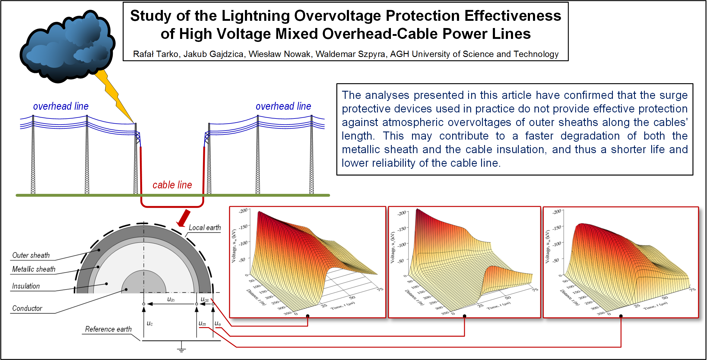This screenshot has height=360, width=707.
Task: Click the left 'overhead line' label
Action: [x=61, y=106]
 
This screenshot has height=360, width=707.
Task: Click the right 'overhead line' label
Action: [x=283, y=106]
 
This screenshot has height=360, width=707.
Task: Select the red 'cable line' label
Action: [x=172, y=185]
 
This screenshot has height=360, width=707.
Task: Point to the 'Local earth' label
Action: [x=204, y=228]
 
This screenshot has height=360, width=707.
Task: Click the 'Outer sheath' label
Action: [x=31, y=255]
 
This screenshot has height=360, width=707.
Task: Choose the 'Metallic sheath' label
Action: [x=33, y=269]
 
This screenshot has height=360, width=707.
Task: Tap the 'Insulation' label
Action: [x=26, y=286]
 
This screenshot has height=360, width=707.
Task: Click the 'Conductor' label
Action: [x=27, y=308]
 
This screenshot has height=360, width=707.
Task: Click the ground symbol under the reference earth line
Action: [x=181, y=348]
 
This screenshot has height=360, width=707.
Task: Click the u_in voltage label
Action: [x=171, y=299]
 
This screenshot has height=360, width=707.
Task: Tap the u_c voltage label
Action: [x=150, y=324]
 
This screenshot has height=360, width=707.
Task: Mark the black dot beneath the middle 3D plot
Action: [x=464, y=316]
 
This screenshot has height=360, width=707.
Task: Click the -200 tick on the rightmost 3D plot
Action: [x=556, y=212]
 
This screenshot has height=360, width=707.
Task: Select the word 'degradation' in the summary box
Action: [x=590, y=136]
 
